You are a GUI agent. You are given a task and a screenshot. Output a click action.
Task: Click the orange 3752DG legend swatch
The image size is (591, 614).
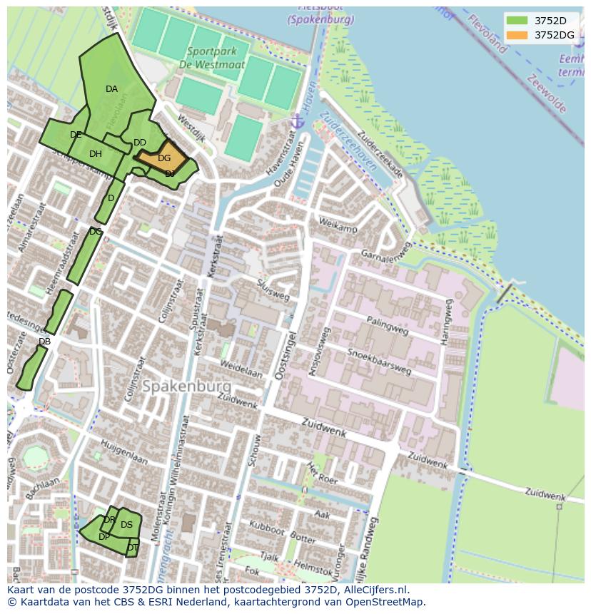(x=517, y=35)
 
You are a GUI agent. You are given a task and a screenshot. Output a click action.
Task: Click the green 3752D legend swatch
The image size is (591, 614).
(x=517, y=20)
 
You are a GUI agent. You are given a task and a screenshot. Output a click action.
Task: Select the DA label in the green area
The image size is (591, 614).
(x=111, y=89)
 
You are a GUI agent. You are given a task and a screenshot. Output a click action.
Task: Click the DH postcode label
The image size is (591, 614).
(x=96, y=153)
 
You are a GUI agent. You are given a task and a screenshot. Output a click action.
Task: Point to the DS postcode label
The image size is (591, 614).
(x=126, y=525)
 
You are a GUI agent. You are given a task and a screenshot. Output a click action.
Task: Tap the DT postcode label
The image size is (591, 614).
(x=133, y=548)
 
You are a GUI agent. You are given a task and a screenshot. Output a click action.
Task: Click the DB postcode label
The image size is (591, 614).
(x=44, y=342)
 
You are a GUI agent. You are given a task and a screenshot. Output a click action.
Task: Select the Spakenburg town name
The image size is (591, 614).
(x=186, y=386)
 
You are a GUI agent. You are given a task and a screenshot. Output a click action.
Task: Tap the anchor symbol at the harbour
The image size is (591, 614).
(x=298, y=121)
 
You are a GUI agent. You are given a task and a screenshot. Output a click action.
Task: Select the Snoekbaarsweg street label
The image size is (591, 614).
(x=379, y=361)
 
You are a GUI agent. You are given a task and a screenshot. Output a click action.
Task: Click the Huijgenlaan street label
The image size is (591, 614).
(x=123, y=451)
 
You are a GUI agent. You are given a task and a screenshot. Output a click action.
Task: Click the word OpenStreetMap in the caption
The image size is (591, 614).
(x=381, y=601)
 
